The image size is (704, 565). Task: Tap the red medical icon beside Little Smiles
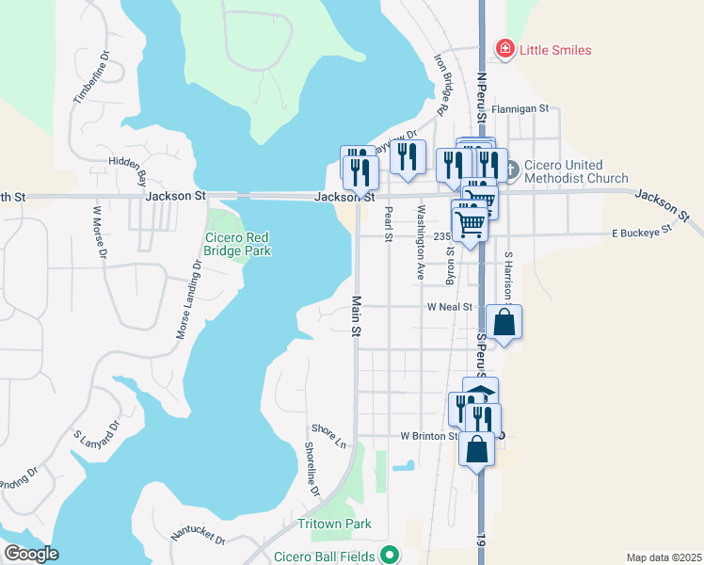pos(505,49)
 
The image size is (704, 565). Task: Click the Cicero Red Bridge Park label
pos(238,245)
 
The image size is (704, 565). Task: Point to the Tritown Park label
pos(334,524)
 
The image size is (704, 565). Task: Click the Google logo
pos(31,554)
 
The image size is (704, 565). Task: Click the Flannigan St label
pos(520,109)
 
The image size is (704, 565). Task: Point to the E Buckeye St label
pos(642,230)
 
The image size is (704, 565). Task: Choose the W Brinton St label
pos(428,436)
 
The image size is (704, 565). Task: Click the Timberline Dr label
pos(91,76)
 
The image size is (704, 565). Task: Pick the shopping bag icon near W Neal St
pos(504,321)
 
